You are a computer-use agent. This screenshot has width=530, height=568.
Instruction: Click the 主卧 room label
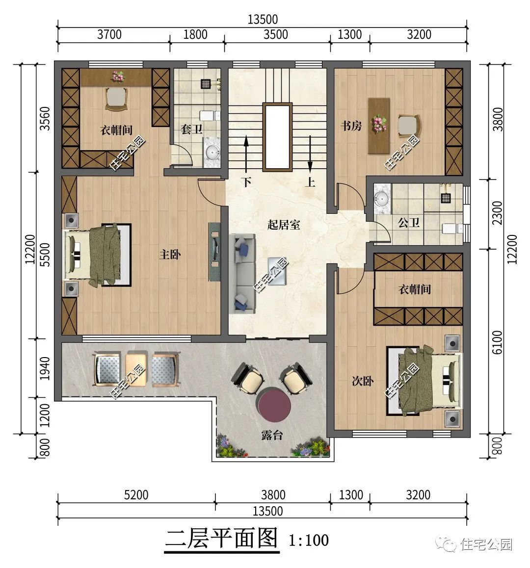tap(170, 254)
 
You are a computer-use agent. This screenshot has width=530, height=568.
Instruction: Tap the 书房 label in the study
tap(351, 126)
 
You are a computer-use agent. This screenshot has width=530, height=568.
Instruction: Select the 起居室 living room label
tap(284, 225)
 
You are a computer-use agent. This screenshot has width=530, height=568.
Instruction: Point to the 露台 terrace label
tap(272, 435)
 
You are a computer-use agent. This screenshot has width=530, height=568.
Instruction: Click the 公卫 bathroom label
tap(409, 222)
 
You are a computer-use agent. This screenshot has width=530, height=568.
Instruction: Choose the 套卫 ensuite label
tap(191, 129)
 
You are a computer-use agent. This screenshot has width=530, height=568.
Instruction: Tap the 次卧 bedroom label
tap(363, 381)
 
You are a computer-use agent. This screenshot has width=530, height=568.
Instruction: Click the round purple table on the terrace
tap(274, 404)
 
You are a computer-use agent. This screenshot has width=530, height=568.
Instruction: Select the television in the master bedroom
tap(214, 252)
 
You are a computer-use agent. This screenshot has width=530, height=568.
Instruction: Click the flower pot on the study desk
tap(379, 123)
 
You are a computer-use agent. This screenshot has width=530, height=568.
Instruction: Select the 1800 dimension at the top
tap(195, 34)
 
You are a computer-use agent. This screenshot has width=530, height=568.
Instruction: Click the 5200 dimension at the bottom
tap(136, 495)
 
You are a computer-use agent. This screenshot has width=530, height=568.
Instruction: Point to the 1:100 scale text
tap(309, 541)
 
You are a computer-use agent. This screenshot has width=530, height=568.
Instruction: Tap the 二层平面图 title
tap(221, 539)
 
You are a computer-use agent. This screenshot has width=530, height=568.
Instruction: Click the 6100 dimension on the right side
tap(498, 342)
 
